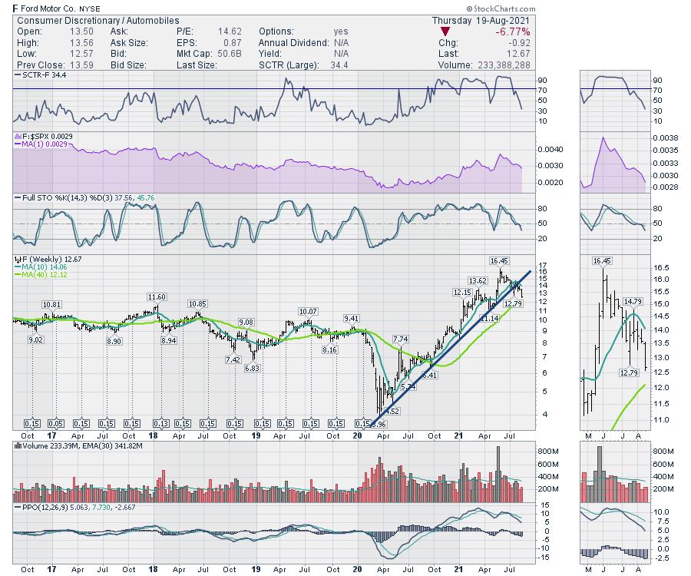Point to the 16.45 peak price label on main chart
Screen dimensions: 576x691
[x=500, y=261]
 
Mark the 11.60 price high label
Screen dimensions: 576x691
[x=157, y=296]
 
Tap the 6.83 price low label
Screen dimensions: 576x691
[x=253, y=368]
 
